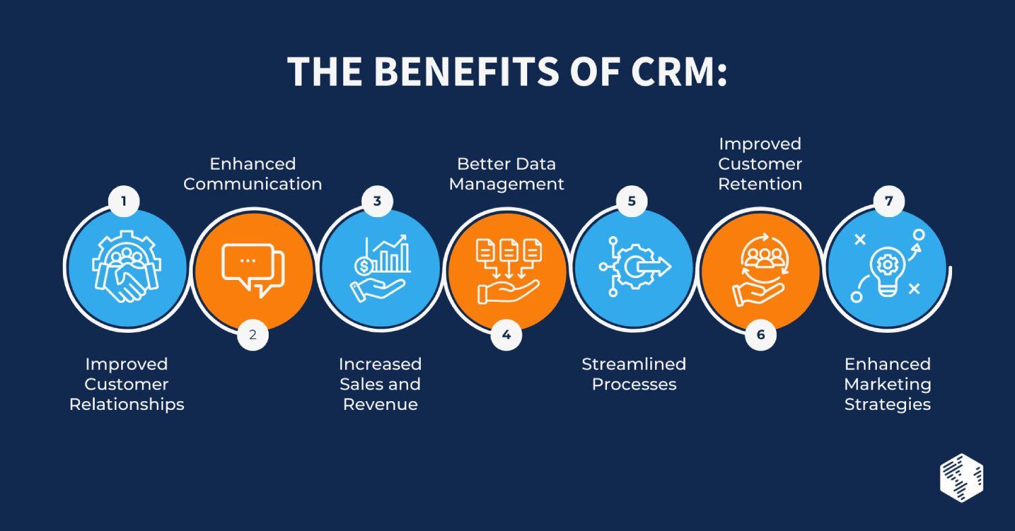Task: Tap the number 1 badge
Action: click(x=125, y=201)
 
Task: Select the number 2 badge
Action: click(x=252, y=334)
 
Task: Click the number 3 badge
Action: click(x=378, y=201)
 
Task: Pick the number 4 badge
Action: click(x=506, y=334)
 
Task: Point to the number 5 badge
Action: click(x=631, y=201)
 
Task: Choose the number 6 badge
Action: click(x=761, y=334)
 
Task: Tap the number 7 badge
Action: click(x=888, y=201)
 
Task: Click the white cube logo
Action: click(x=962, y=477)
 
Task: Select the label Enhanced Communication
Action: click(x=252, y=174)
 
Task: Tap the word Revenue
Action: click(x=380, y=405)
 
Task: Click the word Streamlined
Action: click(x=634, y=364)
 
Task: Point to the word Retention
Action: click(x=760, y=184)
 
